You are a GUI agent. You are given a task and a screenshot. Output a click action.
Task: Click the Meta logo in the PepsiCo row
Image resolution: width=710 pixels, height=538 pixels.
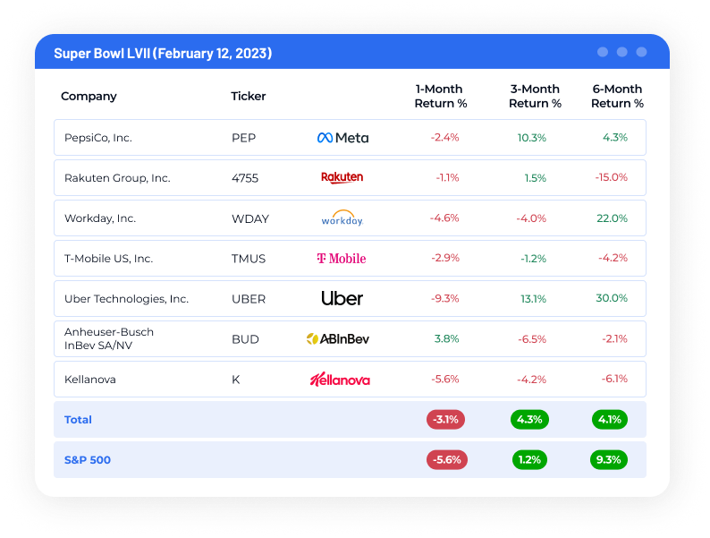point(342,138)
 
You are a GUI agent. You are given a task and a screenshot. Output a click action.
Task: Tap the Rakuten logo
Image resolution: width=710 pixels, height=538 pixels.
point(342,177)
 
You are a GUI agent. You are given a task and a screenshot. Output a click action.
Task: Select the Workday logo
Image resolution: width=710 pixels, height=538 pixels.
point(342,218)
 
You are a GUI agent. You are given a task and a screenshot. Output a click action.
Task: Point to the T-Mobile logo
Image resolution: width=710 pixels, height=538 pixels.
point(342,259)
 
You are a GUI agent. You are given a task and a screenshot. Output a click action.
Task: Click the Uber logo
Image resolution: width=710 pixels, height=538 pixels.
point(342,298)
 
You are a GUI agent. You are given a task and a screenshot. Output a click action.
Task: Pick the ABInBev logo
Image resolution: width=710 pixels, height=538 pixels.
point(338,338)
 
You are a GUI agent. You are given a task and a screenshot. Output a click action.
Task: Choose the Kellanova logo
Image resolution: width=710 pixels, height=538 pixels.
point(340,380)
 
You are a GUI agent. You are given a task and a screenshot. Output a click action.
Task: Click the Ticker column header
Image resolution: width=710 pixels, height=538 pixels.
point(249,97)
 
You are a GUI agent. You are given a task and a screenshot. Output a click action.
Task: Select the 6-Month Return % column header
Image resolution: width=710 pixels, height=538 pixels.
point(617,97)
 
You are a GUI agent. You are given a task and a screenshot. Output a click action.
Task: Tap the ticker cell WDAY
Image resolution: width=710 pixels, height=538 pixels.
point(249,218)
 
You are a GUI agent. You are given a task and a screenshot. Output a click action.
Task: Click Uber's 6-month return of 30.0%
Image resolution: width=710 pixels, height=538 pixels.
point(612,298)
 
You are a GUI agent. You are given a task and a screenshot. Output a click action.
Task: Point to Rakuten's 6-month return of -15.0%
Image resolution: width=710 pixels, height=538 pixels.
point(612,177)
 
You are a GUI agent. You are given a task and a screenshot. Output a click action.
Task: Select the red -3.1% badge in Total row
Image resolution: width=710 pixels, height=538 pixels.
point(445,419)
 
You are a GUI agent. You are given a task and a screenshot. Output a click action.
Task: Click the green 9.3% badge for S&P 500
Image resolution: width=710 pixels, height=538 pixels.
point(609,460)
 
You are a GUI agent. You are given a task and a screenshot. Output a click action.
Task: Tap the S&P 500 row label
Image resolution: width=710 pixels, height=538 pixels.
point(88,460)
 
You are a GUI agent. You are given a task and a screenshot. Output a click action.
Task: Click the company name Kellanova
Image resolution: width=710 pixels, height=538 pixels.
point(90,380)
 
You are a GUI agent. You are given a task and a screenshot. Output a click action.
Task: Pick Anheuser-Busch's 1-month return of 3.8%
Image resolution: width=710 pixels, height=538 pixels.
point(446,338)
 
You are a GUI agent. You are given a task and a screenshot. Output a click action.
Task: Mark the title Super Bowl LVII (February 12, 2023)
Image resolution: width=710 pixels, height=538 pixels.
point(163,54)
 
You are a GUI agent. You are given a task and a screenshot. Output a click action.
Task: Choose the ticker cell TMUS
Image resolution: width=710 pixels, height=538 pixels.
point(249,259)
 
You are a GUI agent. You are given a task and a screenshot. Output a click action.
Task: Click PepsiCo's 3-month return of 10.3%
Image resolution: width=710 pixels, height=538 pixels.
point(531,138)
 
